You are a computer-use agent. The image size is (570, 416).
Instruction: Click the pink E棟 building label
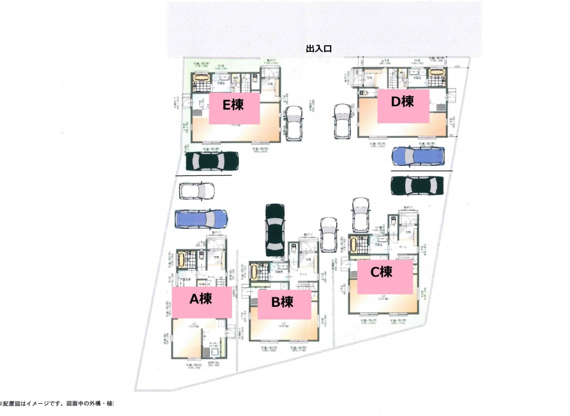pyautogui.click(x=233, y=107)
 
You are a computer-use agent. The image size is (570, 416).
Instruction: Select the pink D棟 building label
pyautogui.click(x=403, y=105)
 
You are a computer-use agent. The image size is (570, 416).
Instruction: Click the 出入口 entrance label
pyautogui.click(x=319, y=49)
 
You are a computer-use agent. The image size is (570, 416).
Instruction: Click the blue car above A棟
pyautogui.click(x=201, y=219)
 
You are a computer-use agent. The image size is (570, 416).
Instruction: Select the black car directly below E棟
pyautogui.click(x=212, y=161)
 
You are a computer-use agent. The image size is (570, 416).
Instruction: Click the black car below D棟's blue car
pyautogui.click(x=417, y=185)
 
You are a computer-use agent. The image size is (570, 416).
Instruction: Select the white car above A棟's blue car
pyautogui.click(x=197, y=191)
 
